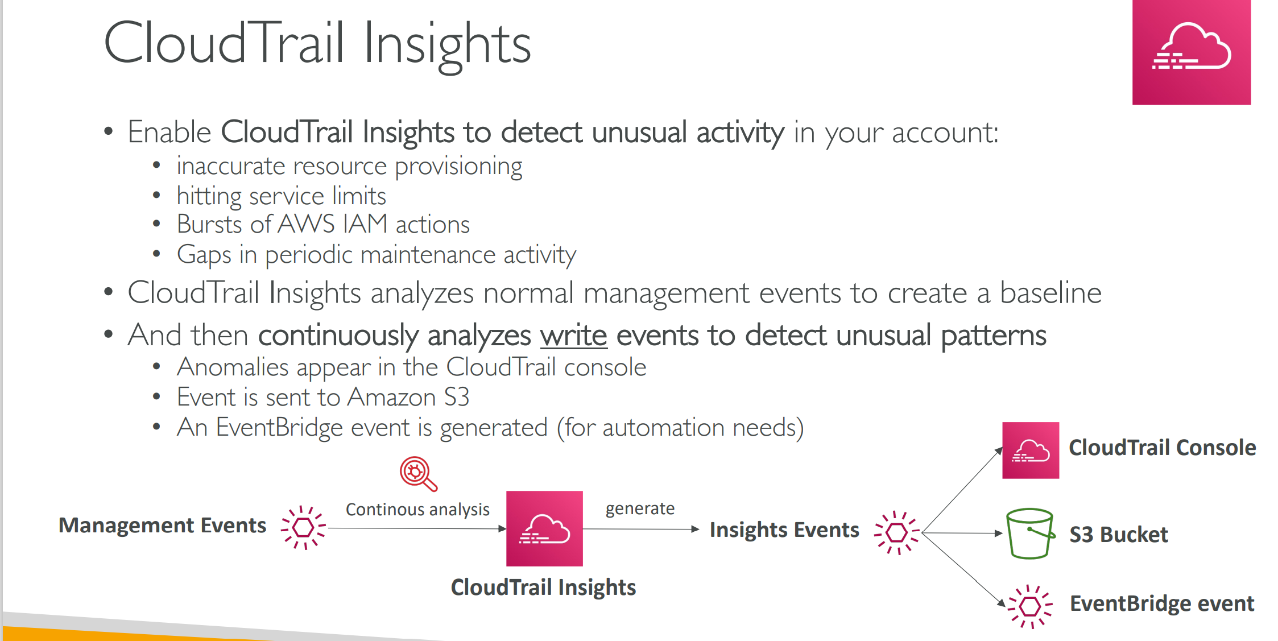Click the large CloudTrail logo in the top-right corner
[1191, 52]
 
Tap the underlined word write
[573, 335]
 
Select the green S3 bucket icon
[1030, 534]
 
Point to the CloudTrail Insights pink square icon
[544, 528]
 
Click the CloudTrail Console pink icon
[1031, 450]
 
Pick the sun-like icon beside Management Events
[304, 528]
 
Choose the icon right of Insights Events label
[897, 532]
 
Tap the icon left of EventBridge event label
[1030, 606]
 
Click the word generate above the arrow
[640, 508]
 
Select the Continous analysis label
[417, 510]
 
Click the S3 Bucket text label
[1119, 535]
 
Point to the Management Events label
[162, 525]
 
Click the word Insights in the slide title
[447, 44]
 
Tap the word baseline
[1050, 293]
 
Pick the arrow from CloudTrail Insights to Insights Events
[641, 529]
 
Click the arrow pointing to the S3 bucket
[962, 533]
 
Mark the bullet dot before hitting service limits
[156, 195]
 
